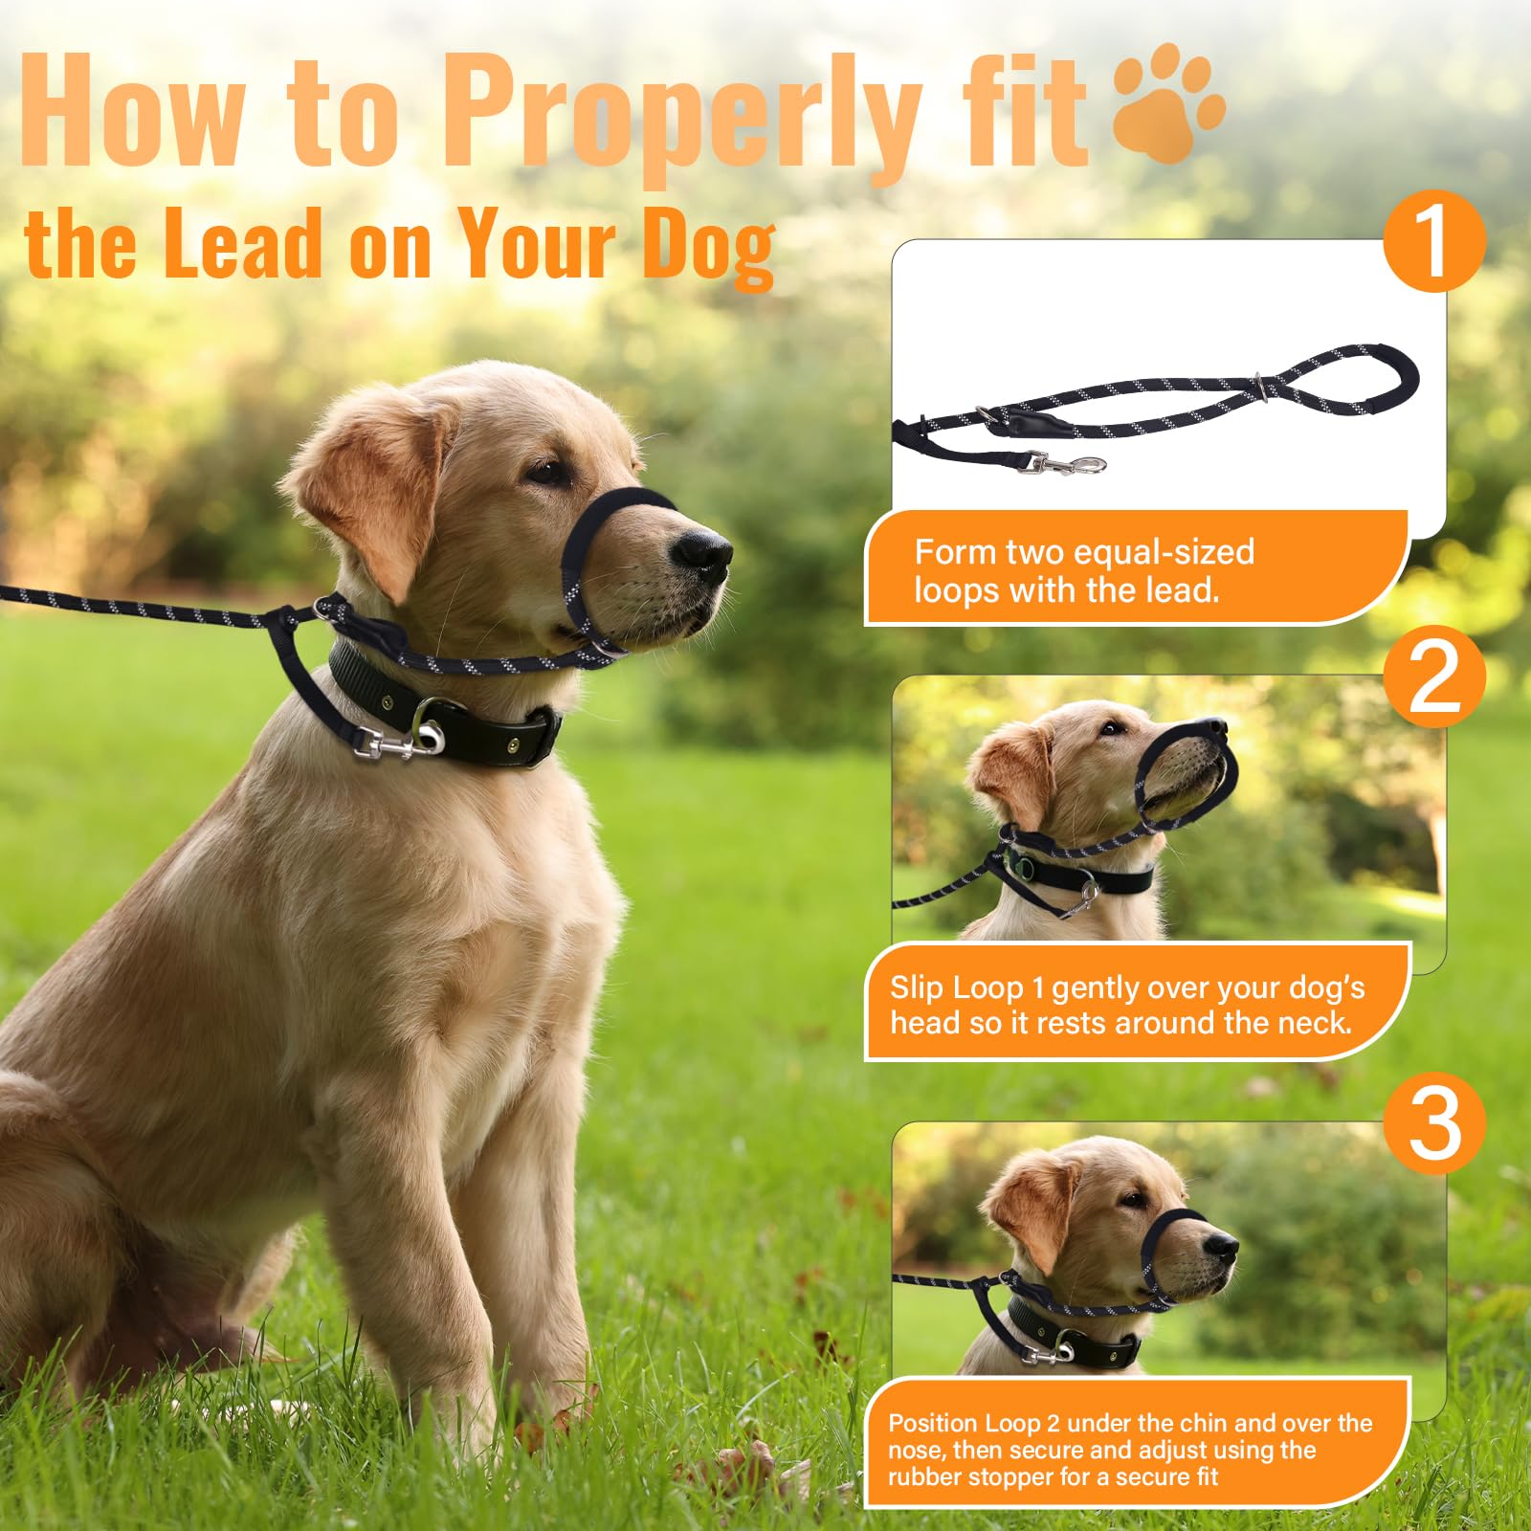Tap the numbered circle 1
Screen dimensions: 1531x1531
coord(1433,240)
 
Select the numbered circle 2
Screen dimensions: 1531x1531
coord(1433,677)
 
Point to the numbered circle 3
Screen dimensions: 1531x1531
coord(1433,1122)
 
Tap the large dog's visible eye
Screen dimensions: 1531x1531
coord(548,472)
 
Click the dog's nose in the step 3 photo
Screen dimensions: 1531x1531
coord(1221,1246)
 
